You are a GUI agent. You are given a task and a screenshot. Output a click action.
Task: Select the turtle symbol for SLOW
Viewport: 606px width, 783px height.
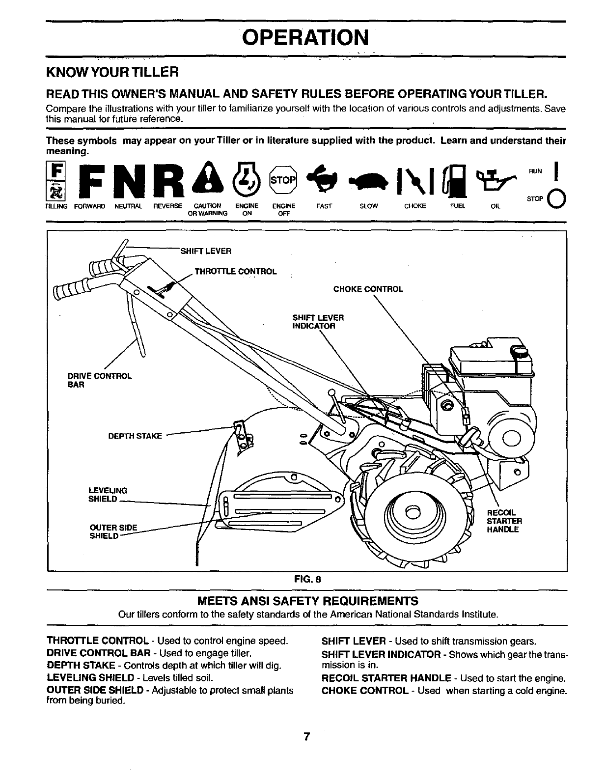pos(368,181)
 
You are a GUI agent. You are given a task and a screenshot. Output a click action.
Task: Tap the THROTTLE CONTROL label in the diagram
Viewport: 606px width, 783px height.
pos(236,272)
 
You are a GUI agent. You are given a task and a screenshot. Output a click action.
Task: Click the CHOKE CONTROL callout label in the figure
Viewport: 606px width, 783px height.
pos(368,289)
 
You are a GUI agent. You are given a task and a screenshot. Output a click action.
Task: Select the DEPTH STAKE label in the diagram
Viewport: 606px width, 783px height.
pos(135,436)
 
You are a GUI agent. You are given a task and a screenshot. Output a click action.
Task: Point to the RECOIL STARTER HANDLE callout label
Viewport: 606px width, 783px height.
pos(504,521)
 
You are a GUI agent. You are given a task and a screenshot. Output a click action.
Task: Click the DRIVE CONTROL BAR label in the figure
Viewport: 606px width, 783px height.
pos(99,380)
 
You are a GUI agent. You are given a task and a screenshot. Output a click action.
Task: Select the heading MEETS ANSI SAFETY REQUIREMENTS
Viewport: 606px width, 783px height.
pos(307,601)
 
